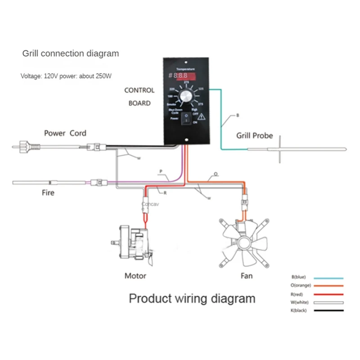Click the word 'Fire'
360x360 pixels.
48,193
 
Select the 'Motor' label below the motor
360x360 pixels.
135,275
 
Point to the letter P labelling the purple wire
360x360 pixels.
160,171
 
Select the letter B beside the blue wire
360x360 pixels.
238,116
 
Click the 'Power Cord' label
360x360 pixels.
65,133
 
